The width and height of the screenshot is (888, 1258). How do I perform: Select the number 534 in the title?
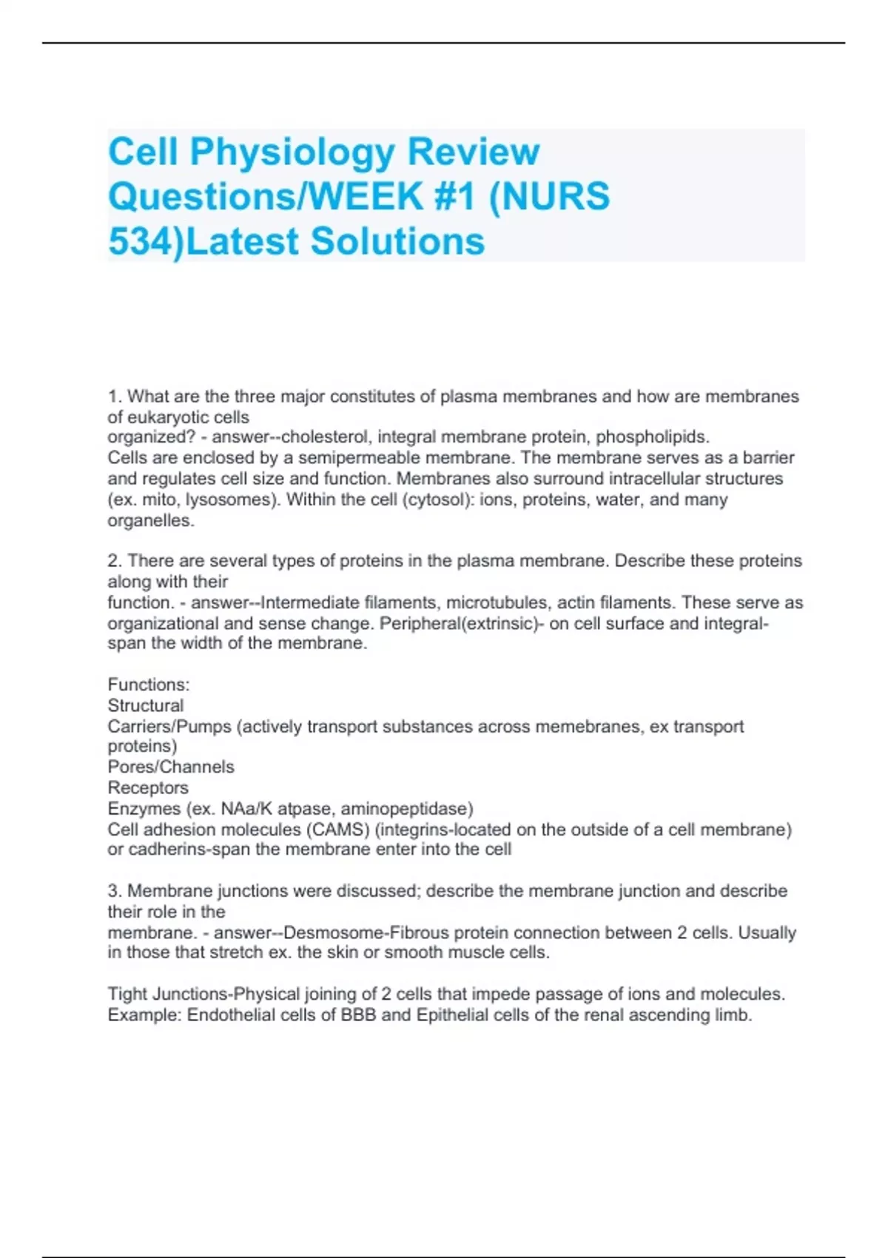pyautogui.click(x=141, y=242)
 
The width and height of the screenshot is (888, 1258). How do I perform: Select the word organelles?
pyautogui.click(x=150, y=521)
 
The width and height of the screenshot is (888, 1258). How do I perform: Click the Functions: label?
pyautogui.click(x=149, y=684)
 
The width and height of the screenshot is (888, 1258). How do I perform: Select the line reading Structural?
pyautogui.click(x=146, y=705)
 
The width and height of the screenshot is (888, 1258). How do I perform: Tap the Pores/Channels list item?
pyautogui.click(x=171, y=767)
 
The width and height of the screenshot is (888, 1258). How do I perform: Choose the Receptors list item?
pyautogui.click(x=148, y=788)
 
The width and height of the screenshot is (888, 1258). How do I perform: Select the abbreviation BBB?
pyautogui.click(x=357, y=1015)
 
